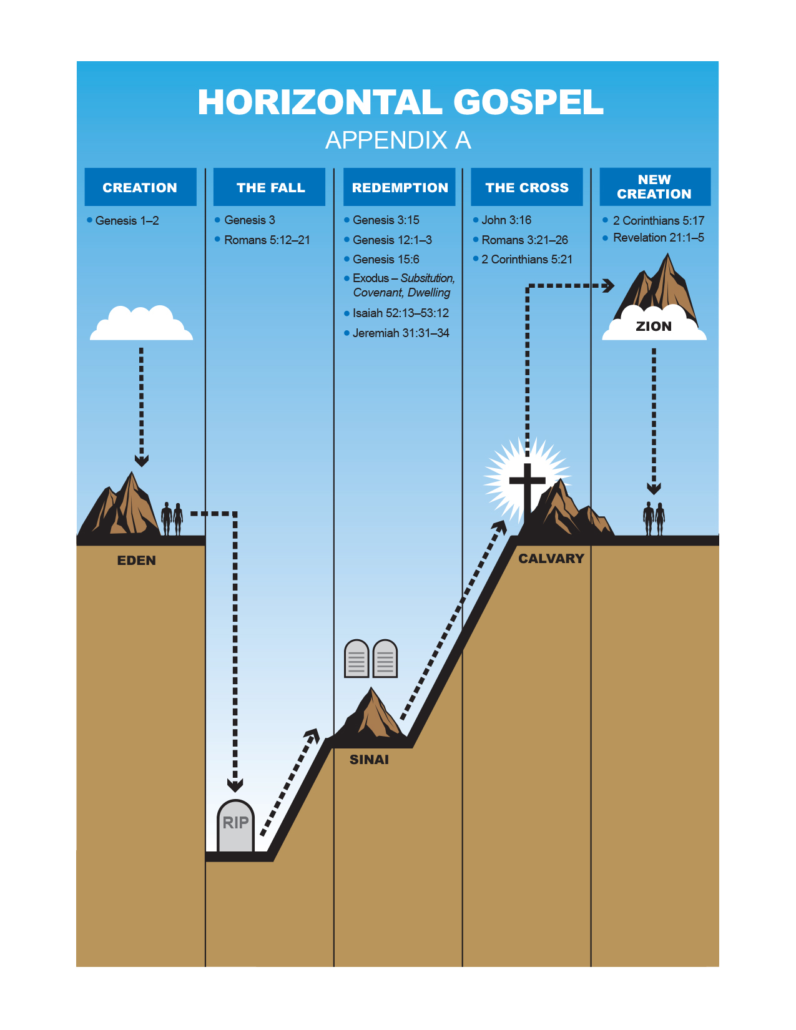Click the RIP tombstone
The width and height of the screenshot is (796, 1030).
click(235, 825)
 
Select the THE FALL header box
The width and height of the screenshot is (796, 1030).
click(269, 187)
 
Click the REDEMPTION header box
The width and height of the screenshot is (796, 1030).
click(399, 187)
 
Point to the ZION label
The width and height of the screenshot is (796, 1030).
click(654, 326)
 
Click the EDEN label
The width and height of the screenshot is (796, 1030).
click(136, 560)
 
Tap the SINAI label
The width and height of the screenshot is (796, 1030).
click(369, 759)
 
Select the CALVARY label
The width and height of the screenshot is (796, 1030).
click(551, 558)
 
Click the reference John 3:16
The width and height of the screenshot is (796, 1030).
click(506, 220)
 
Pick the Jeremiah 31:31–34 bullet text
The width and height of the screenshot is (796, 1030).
click(400, 333)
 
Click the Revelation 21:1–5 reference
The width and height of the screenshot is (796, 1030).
click(658, 237)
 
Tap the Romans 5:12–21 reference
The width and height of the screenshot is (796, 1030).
click(267, 240)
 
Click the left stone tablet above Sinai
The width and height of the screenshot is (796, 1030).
click(356, 659)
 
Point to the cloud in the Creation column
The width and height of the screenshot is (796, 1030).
click(142, 325)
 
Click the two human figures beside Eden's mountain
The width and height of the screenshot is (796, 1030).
click(172, 519)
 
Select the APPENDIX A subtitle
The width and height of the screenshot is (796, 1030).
click(398, 140)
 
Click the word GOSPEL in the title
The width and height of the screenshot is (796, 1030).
click(528, 102)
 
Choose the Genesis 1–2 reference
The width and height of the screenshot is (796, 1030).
click(127, 220)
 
